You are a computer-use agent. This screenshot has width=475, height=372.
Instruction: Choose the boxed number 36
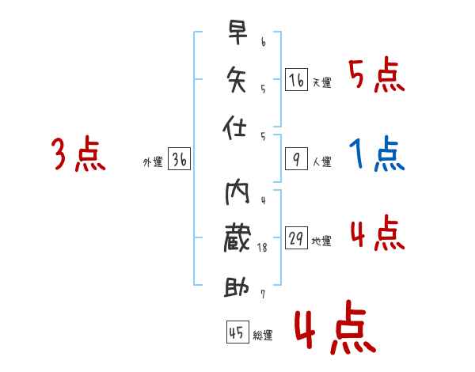point(179,160)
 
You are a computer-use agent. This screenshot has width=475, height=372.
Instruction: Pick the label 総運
point(263,335)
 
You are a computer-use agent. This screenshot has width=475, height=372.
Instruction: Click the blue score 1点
point(377,154)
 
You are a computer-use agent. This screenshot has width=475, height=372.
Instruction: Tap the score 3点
point(78,154)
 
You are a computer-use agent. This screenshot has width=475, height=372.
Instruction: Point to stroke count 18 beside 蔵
point(264,248)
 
